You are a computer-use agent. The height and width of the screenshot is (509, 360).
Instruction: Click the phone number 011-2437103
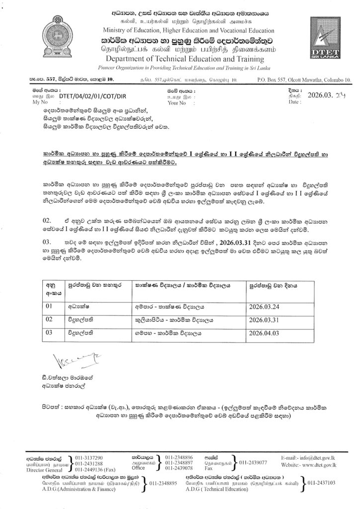(x=321, y=482)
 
